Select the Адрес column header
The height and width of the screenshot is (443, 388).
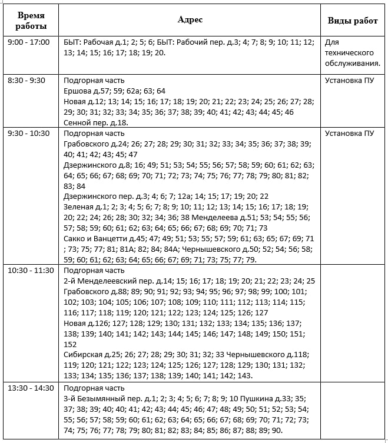click(190, 20)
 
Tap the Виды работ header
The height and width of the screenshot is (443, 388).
click(352, 21)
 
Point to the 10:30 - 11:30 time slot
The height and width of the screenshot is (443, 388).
click(31, 271)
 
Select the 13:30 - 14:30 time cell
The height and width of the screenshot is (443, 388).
click(31, 388)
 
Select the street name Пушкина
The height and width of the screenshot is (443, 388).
click(253, 399)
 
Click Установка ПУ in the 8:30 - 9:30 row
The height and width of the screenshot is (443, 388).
click(349, 81)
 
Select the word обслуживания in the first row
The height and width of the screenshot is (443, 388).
click(352, 64)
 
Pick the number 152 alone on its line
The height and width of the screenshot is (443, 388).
click(69, 345)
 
